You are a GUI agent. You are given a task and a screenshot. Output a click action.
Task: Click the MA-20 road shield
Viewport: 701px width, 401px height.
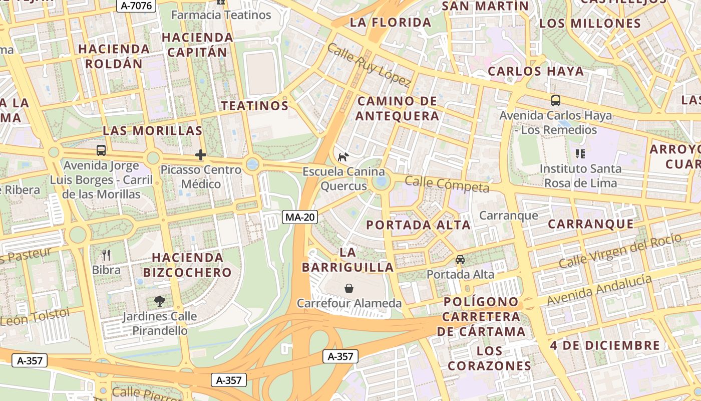tap(300, 217)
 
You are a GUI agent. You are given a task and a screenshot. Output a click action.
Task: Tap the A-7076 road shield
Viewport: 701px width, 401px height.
tap(137, 6)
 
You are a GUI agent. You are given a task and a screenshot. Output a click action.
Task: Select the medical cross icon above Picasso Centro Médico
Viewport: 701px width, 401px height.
tap(201, 155)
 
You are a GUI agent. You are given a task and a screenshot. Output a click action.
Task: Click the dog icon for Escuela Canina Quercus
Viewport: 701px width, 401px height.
tap(343, 157)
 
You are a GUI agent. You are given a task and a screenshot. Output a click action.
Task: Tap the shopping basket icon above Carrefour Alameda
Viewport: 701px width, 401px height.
tap(349, 288)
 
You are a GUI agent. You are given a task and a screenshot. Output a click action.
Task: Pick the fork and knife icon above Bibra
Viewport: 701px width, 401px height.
tap(106, 255)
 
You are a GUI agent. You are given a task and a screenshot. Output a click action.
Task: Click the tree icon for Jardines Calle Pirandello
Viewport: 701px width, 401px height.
tap(160, 301)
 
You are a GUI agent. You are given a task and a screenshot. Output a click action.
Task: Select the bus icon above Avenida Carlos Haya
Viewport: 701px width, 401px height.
tap(555, 101)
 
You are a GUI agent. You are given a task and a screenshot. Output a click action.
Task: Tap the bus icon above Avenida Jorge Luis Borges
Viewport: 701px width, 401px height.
tap(101, 150)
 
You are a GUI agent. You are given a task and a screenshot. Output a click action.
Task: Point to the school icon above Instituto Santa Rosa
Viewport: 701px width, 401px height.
tap(580, 154)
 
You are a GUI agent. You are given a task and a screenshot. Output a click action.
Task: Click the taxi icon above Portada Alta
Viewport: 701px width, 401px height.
tap(460, 260)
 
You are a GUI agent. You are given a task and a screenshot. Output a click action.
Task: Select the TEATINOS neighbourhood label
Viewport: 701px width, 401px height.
tap(255, 106)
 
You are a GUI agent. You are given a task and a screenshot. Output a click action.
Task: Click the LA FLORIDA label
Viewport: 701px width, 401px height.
tap(391, 23)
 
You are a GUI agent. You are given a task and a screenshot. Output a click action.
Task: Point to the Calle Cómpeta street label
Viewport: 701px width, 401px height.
tap(447, 184)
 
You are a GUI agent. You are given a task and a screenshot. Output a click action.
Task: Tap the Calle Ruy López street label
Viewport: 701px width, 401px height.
tap(369, 65)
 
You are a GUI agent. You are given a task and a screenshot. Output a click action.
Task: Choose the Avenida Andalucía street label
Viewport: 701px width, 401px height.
tap(599, 290)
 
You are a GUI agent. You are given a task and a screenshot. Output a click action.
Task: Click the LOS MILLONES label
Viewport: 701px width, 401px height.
tap(590, 24)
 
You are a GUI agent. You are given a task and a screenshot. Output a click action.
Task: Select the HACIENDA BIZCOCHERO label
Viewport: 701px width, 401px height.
tap(188, 265)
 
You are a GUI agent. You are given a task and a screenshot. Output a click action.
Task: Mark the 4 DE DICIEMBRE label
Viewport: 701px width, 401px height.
tap(605, 345)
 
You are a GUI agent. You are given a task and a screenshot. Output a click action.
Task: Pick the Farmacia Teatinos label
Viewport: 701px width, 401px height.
tap(221, 15)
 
